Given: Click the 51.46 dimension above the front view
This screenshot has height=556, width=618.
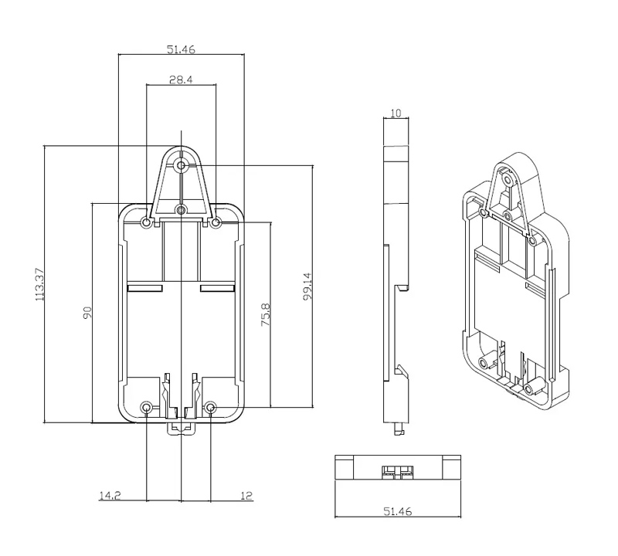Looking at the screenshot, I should click(x=181, y=49).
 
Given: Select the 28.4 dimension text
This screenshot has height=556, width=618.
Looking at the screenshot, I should click(x=181, y=79).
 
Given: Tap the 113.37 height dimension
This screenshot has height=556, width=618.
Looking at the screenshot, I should click(x=39, y=284).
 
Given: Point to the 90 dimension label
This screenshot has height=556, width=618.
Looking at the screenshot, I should click(x=87, y=312).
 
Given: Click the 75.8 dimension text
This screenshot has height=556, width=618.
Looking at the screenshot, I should click(x=265, y=315).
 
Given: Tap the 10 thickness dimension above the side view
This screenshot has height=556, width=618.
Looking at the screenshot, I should click(x=396, y=113).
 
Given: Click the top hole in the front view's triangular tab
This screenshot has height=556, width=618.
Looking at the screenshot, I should click(x=181, y=165).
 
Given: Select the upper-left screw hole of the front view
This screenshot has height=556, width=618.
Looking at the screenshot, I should click(x=147, y=222).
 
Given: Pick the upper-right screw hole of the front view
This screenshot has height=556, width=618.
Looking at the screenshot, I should click(x=216, y=222).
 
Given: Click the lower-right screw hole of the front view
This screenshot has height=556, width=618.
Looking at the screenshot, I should click(x=212, y=407).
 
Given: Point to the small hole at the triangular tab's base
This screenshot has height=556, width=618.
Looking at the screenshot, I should click(x=181, y=209).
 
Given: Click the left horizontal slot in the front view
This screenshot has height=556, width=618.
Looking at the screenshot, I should click(x=144, y=287).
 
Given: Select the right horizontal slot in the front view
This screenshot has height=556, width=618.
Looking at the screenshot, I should click(x=217, y=287).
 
